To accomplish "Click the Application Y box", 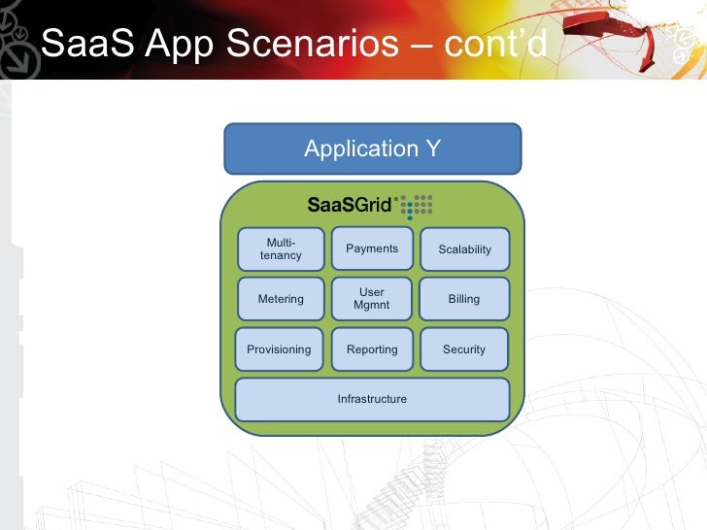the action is [x=373, y=149].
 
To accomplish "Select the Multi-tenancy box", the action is [x=281, y=248].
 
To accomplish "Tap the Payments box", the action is [x=372, y=248].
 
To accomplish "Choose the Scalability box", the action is [x=464, y=249].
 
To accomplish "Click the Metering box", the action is [x=281, y=299].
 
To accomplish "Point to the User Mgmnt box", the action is [x=372, y=299].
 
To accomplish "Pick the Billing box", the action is [x=464, y=299].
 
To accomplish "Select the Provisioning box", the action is [x=279, y=349].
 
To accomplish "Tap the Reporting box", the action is [x=372, y=349].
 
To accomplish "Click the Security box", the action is [x=464, y=349].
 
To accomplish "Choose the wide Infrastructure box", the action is [x=372, y=399].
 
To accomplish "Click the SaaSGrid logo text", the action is [x=349, y=205].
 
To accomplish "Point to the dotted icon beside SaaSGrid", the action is [x=417, y=205].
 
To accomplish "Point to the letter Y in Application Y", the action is [x=433, y=149].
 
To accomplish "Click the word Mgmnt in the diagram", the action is [x=372, y=305].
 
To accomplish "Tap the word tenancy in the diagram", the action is [x=281, y=255].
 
